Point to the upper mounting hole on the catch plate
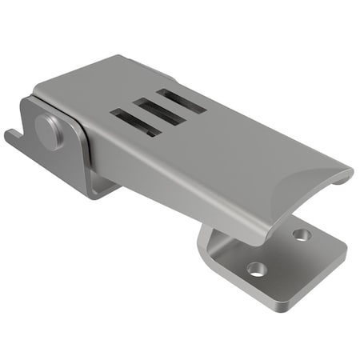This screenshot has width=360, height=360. [x=301, y=235]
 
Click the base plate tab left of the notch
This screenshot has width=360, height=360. [x=11, y=139]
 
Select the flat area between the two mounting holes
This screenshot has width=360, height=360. [x=280, y=252]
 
